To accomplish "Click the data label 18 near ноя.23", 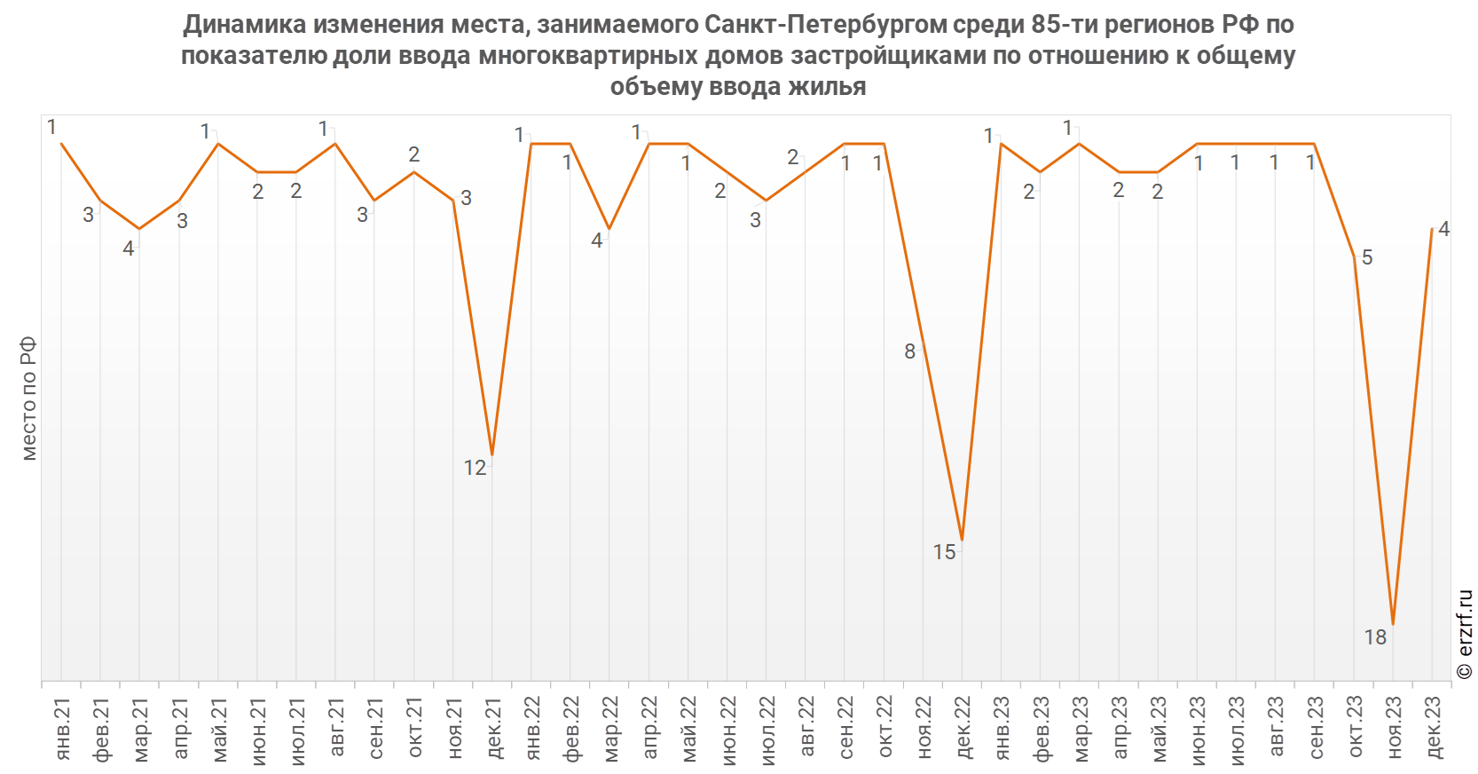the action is tap(1376, 637).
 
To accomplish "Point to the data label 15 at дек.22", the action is tap(944, 552).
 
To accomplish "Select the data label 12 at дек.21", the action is tap(475, 469).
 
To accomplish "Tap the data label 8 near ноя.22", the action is tap(910, 352).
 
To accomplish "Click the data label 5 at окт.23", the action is tap(1367, 257).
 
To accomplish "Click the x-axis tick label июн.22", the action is tap(727, 731).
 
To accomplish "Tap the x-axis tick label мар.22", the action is tap(610, 729).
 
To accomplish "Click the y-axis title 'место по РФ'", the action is tap(29, 399).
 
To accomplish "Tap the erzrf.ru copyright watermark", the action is tap(1464, 635).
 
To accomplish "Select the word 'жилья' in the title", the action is tap(828, 86).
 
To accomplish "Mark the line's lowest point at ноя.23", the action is tap(1393, 624).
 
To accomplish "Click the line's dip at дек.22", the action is tap(962, 541).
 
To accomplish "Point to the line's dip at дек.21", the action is tap(492, 455).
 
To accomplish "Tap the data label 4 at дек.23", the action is tap(1444, 229).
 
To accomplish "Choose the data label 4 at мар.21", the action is tap(129, 249).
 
